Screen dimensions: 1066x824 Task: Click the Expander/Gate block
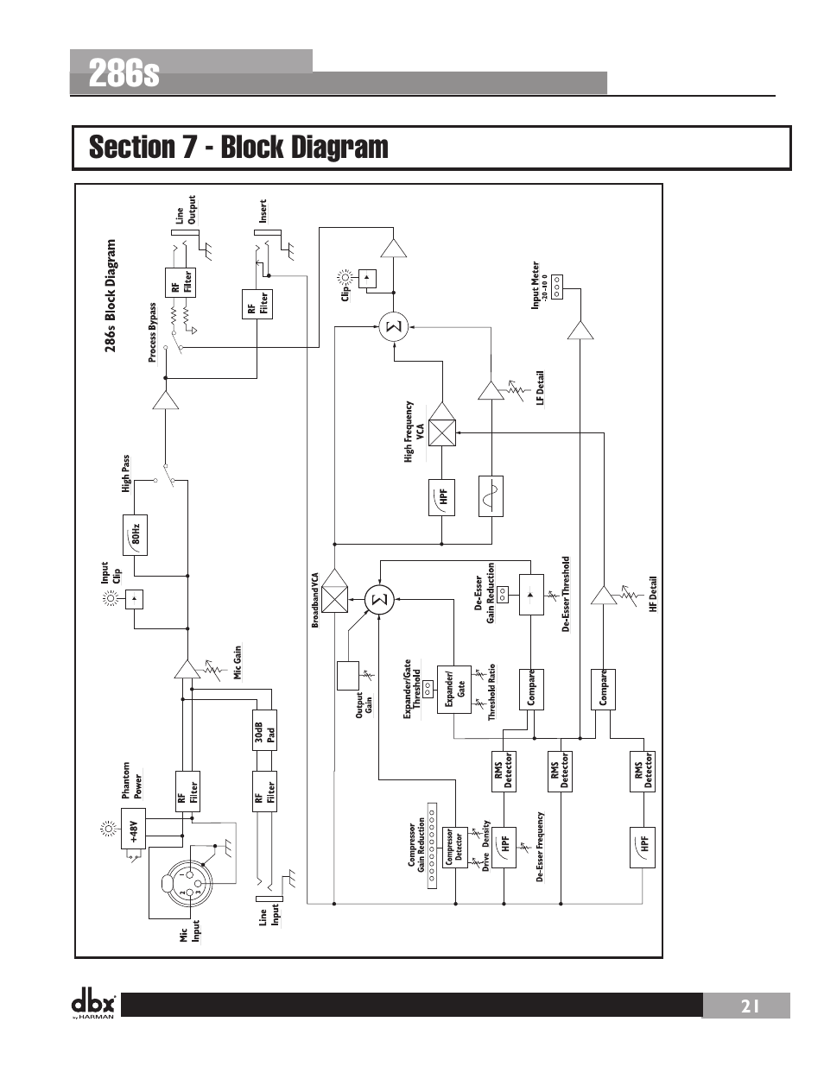coord(455,688)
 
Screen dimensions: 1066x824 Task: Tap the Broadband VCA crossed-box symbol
coord(333,598)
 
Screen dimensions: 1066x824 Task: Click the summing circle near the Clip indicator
coord(392,327)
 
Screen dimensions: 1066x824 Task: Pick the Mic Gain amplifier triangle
coord(186,670)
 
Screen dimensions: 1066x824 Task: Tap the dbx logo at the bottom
coord(93,1004)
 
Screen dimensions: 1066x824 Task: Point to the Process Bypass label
coord(153,332)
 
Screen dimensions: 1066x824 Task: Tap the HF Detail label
coord(654,595)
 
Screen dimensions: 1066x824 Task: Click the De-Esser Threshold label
coord(567,594)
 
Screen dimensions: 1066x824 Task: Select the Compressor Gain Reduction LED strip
coord(434,846)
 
